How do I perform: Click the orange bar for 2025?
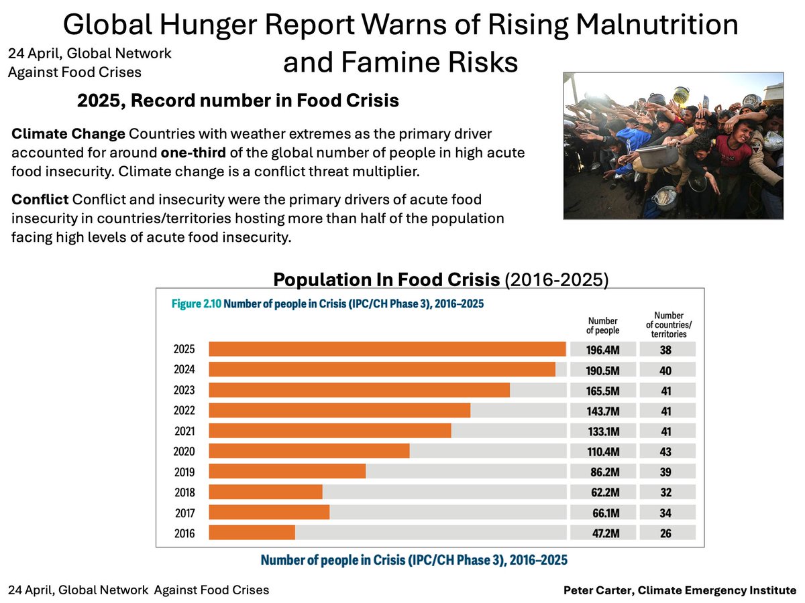[387, 349]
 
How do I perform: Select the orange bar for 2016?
[252, 533]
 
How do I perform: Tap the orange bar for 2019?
[287, 472]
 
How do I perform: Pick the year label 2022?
[184, 411]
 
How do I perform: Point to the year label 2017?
[184, 513]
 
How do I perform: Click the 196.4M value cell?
[602, 349]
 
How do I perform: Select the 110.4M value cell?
[602, 452]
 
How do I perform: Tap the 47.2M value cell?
[602, 533]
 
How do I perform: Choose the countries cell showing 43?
[665, 452]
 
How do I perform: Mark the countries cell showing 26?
[665, 533]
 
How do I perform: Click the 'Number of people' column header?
[602, 326]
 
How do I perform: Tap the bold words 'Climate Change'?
[68, 133]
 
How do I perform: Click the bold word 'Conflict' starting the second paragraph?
[40, 201]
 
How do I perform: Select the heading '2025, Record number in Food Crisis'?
[238, 101]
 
